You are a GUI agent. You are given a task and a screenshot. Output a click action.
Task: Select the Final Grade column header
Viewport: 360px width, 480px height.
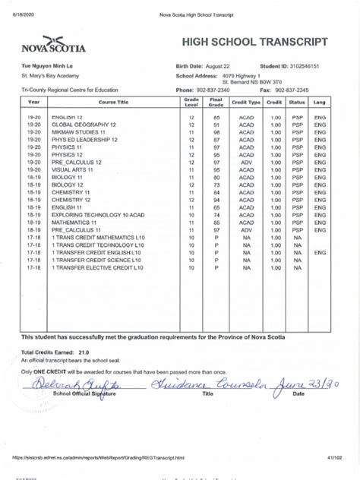pos(216,102)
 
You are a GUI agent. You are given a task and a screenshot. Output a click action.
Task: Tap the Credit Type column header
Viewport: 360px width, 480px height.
pos(246,102)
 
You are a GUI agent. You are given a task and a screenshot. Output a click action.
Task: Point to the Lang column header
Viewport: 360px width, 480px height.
pos(321,102)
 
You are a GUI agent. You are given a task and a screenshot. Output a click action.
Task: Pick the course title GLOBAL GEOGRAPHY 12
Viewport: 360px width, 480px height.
pos(84,125)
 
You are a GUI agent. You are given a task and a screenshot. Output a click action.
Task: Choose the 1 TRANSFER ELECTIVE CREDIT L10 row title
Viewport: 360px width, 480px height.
pos(97,267)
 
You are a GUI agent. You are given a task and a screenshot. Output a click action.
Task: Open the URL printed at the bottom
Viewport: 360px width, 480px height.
pos(103,458)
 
